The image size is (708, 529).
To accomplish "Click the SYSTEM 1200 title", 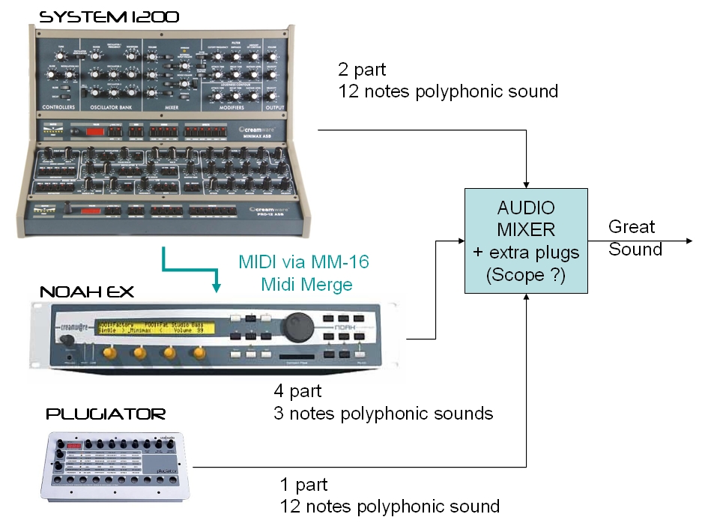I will point(109,16).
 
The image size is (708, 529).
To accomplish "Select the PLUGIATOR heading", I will point(106,414).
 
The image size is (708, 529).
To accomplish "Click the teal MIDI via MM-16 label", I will point(304,263).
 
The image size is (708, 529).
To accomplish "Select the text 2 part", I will point(363,70).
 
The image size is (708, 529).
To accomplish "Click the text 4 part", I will point(299,390).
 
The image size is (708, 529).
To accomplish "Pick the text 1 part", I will point(303,484).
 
